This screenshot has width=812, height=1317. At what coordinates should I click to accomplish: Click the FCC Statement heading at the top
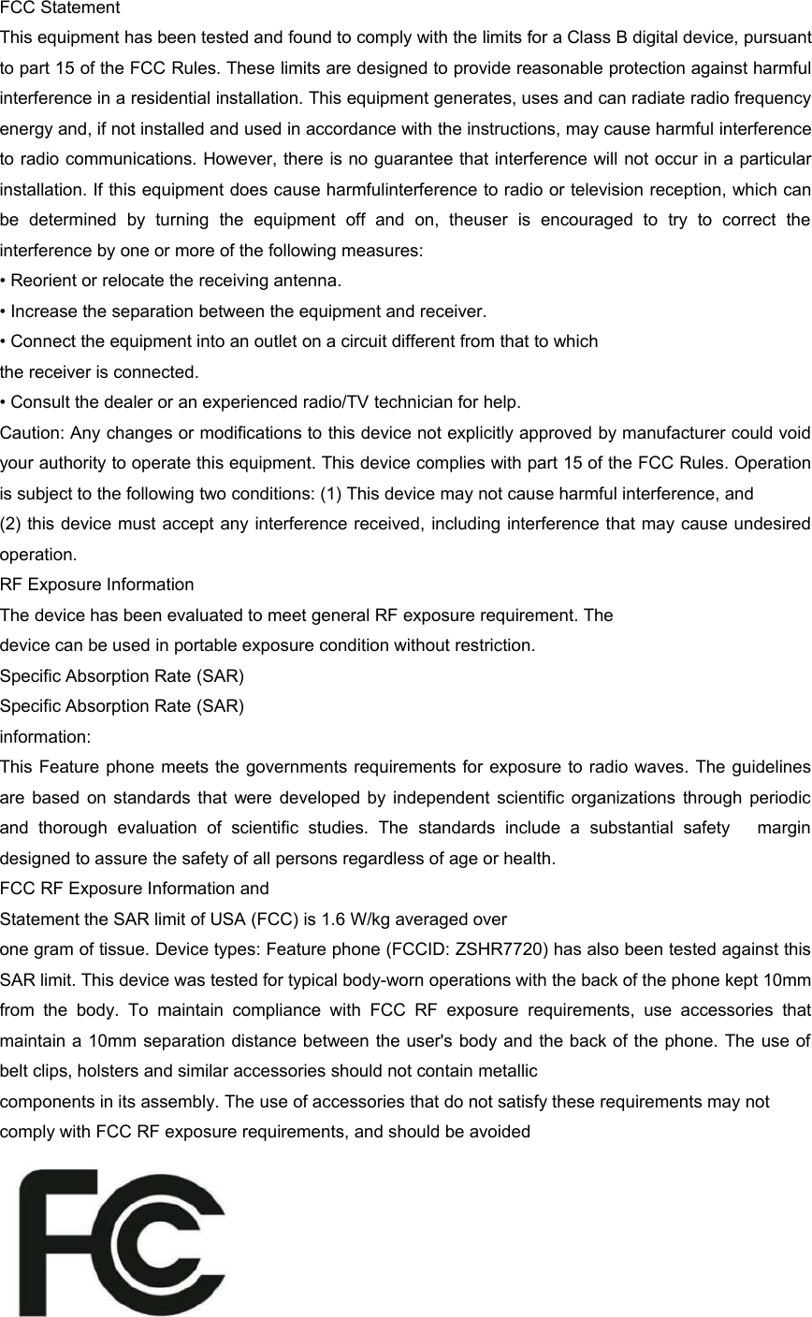tap(60, 9)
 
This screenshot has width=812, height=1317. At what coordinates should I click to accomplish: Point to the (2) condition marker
tap(11, 524)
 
